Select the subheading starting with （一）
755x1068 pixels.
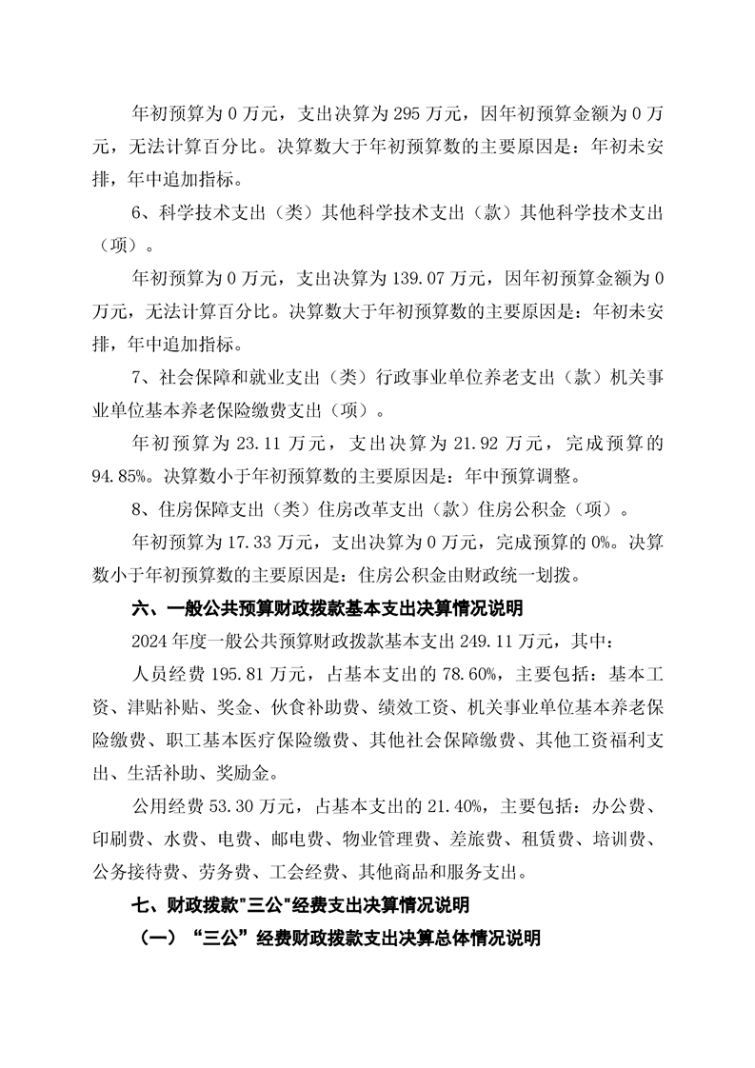340,938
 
